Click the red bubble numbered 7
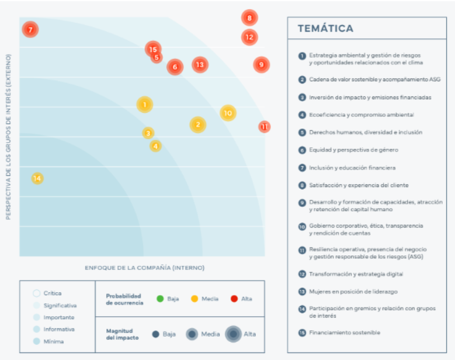(x=30, y=29)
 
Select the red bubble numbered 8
(x=249, y=18)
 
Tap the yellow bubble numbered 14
(x=37, y=178)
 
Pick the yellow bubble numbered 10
(x=228, y=113)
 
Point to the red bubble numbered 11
(x=265, y=126)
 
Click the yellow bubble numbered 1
(x=144, y=105)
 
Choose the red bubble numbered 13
(x=200, y=64)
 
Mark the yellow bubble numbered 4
(x=155, y=146)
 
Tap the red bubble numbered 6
(x=174, y=67)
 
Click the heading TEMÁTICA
(x=325, y=28)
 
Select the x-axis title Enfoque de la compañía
(x=144, y=268)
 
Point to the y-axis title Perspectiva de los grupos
(x=9, y=137)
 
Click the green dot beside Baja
(x=160, y=299)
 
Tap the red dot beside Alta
(x=234, y=299)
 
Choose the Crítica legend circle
(x=36, y=293)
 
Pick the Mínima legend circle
(x=36, y=341)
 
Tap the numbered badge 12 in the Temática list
(x=302, y=274)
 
